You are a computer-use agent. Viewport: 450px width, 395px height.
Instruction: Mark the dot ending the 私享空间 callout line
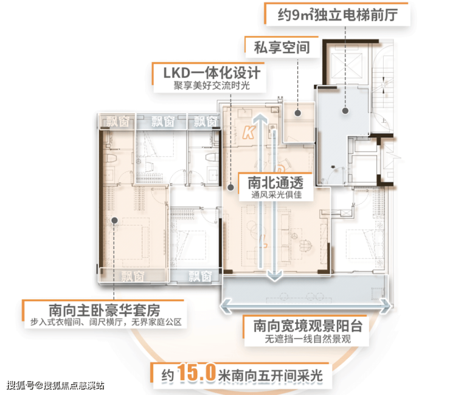click(x=297, y=112)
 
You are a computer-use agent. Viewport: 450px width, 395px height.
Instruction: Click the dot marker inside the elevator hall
click(x=344, y=111)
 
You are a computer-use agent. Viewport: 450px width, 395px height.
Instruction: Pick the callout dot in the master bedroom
click(x=112, y=219)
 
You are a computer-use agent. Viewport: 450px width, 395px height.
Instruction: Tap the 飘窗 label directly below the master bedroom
click(x=133, y=275)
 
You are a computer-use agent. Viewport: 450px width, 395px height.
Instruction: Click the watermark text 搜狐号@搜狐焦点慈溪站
click(x=55, y=385)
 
